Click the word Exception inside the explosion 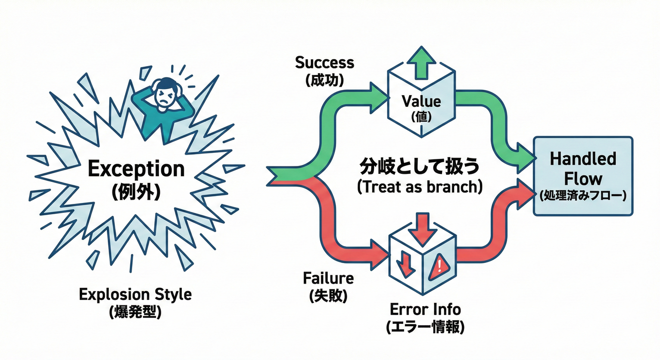pyautogui.click(x=136, y=169)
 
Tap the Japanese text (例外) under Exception pyautogui.click(x=136, y=193)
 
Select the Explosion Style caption pyautogui.click(x=135, y=295)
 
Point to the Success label pyautogui.click(x=325, y=63)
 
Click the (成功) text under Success pyautogui.click(x=325, y=80)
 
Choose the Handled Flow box pyautogui.click(x=583, y=176)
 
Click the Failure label pyautogui.click(x=328, y=278)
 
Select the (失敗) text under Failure pyautogui.click(x=328, y=296)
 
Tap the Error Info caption pyautogui.click(x=425, y=309)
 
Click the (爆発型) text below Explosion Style pyautogui.click(x=135, y=313)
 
